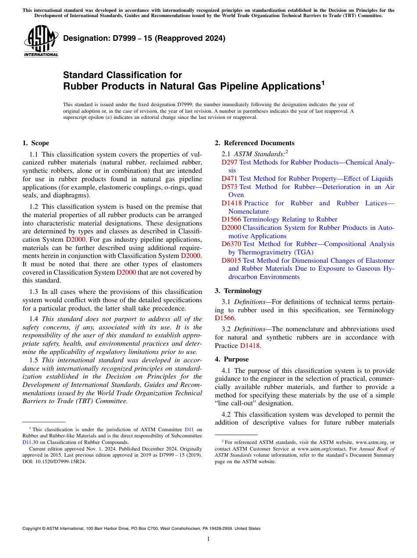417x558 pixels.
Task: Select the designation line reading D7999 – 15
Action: [x=144, y=38]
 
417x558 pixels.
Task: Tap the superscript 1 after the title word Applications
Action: [x=323, y=82]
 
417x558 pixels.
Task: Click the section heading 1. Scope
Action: [x=36, y=143]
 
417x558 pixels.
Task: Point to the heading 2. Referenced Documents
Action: [x=255, y=143]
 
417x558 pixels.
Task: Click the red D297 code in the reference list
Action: [x=230, y=162]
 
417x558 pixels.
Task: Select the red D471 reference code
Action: [x=230, y=179]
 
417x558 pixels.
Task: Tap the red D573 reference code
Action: [x=230, y=187]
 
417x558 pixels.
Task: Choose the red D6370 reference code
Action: [x=231, y=244]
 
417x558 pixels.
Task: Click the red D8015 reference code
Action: [x=231, y=261]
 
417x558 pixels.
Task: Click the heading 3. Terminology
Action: [x=238, y=291]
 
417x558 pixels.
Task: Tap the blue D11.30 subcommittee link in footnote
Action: [x=30, y=443]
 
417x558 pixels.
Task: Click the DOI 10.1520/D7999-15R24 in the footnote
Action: [x=54, y=462]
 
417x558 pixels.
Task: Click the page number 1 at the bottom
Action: [x=208, y=539]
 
